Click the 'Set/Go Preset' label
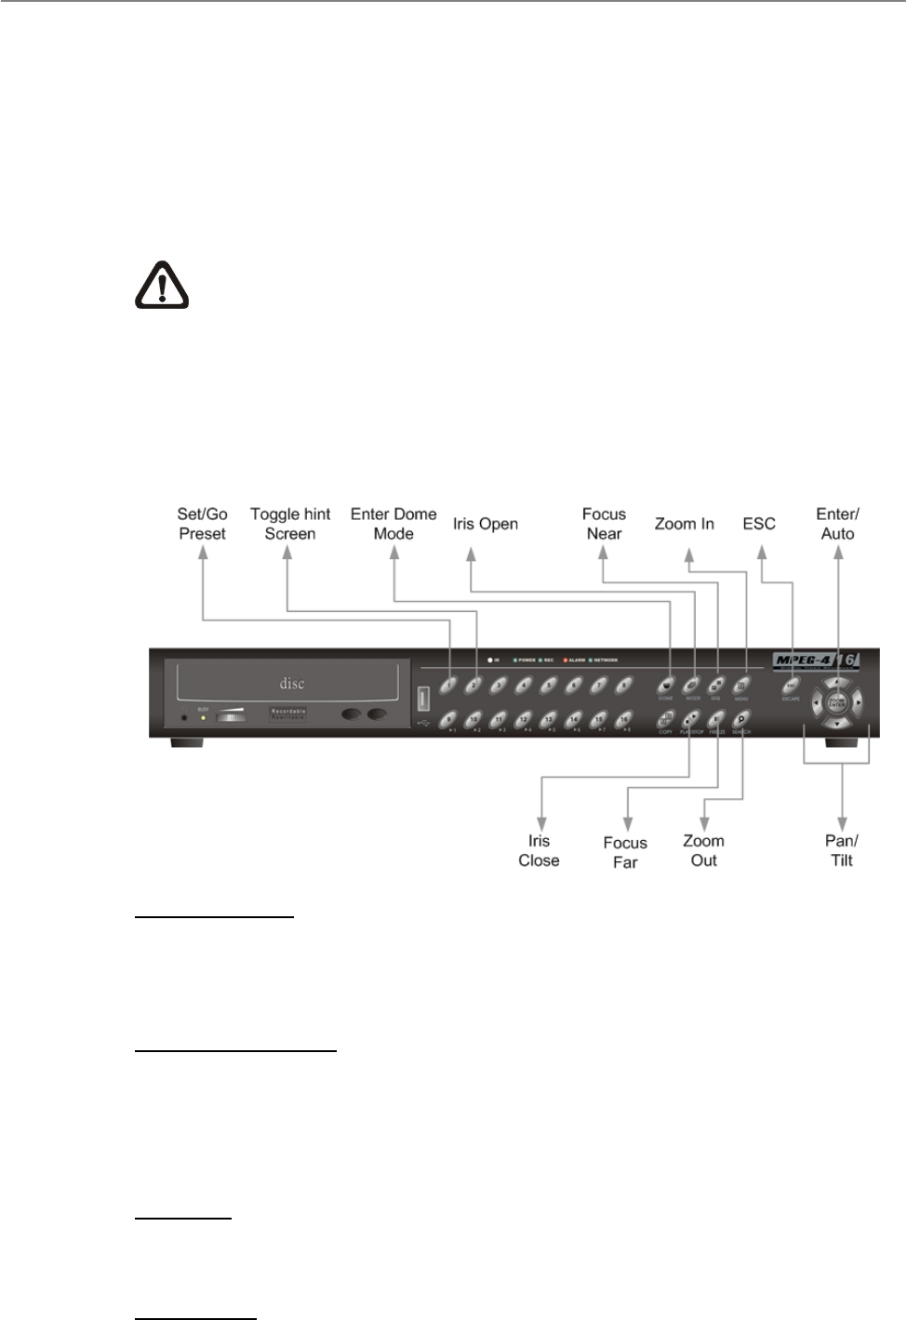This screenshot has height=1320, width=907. pyautogui.click(x=203, y=524)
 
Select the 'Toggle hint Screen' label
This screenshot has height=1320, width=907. pyautogui.click(x=290, y=524)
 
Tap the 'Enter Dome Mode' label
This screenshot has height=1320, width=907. pyautogui.click(x=393, y=524)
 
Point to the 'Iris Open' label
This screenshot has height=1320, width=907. pyautogui.click(x=486, y=524)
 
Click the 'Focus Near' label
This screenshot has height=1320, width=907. pyautogui.click(x=604, y=524)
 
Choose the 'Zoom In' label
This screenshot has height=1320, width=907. pyautogui.click(x=684, y=524)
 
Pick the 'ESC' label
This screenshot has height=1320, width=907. pyautogui.click(x=759, y=524)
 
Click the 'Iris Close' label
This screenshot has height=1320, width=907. pyautogui.click(x=539, y=851)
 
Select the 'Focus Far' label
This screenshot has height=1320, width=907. pyautogui.click(x=625, y=852)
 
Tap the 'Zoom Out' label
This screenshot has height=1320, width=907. pyautogui.click(x=703, y=850)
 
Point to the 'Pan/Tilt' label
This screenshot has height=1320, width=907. pyautogui.click(x=842, y=850)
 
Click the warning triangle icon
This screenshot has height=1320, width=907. pyautogui.click(x=163, y=285)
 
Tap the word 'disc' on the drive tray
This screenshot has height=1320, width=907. pyautogui.click(x=293, y=684)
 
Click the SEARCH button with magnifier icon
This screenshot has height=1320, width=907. pyautogui.click(x=741, y=718)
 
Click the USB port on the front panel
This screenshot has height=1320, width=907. pyautogui.click(x=423, y=698)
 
